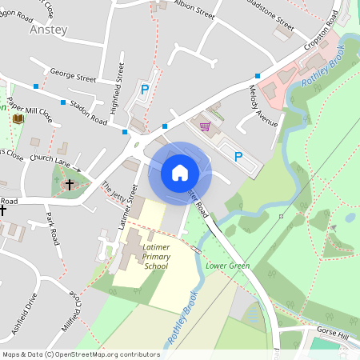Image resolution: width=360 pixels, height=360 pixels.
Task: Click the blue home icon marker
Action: point(180,172)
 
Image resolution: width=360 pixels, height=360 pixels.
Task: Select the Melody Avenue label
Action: point(263,106)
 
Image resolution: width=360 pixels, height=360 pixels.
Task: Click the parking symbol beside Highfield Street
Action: point(145,90)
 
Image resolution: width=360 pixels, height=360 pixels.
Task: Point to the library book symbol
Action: point(18,119)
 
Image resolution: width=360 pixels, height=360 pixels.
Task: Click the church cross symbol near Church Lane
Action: point(69,184)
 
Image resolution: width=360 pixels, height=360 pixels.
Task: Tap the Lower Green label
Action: point(227,266)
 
